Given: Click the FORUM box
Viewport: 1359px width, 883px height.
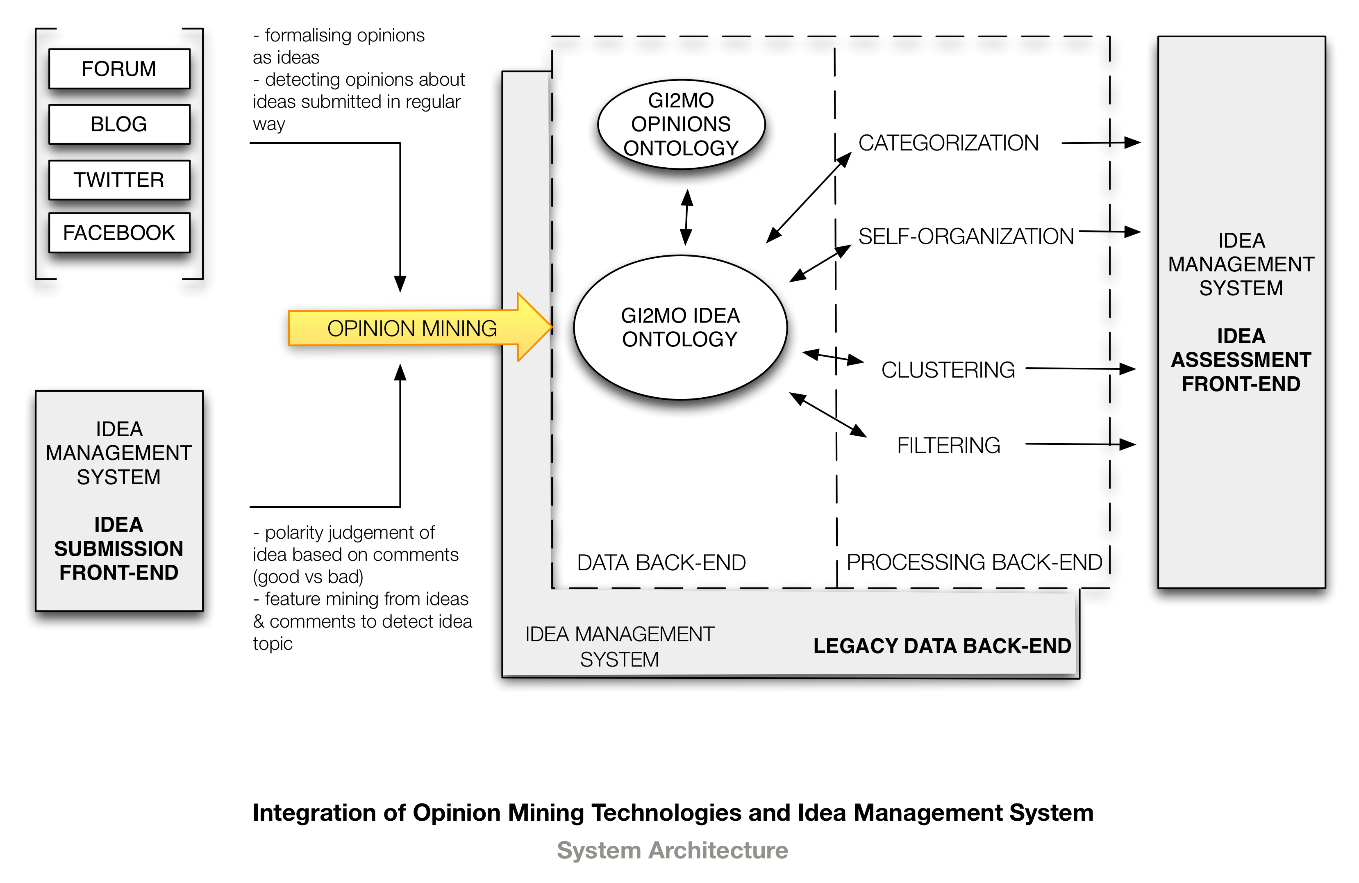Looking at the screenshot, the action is point(119,68).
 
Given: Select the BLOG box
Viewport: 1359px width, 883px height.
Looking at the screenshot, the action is point(119,124).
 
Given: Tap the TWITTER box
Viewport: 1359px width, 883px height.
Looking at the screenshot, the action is point(119,180).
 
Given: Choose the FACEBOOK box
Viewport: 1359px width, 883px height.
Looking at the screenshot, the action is point(119,232).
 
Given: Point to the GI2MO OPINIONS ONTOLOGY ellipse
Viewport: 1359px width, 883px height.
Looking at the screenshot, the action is point(681,124).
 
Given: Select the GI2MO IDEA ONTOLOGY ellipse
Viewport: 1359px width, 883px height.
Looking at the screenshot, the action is point(680,327).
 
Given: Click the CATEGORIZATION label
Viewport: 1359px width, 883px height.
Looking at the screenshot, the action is point(948,143).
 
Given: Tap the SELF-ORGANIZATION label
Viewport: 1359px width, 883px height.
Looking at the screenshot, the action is point(966,236).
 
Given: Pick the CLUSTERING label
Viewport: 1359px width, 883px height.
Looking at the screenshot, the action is point(948,369).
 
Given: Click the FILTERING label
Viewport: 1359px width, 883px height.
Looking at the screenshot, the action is point(948,445).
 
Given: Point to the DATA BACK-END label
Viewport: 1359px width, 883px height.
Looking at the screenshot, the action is point(661,562).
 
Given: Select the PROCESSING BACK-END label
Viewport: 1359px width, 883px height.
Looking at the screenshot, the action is point(974,562).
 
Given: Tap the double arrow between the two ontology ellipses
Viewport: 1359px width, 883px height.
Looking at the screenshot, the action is point(686,217).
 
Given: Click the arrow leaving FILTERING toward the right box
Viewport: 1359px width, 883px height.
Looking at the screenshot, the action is point(1080,444).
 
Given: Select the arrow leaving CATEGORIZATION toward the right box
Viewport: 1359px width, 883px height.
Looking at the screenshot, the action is point(1101,143).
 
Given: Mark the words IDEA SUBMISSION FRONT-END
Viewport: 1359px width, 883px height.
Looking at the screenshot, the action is point(119,548).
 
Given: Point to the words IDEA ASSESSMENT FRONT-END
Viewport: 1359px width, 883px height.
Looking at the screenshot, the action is point(1241,360).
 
